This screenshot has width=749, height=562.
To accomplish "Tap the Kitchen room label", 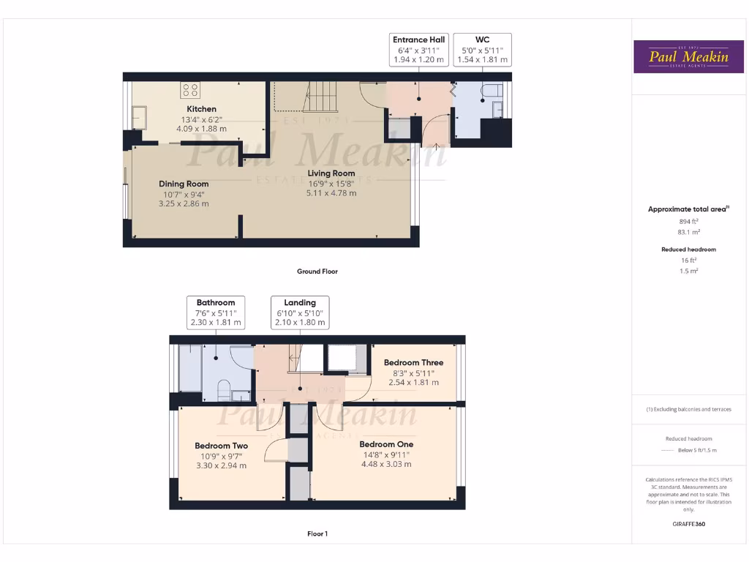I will (201, 109).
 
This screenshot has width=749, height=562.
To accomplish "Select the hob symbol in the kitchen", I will (190, 90).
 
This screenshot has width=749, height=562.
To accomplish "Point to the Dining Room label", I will (184, 184).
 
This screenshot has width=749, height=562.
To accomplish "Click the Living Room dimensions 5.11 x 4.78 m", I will (331, 193).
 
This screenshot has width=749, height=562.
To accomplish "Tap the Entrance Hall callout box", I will (419, 50).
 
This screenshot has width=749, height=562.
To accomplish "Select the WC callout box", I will (482, 50).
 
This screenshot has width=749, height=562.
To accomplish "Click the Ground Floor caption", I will (317, 271).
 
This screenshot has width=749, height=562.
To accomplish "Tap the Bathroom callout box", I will (215, 312).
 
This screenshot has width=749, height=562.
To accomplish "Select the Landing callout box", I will (300, 312).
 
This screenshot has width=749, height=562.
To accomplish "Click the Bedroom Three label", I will (413, 362).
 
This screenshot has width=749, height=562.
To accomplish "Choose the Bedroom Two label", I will (221, 446).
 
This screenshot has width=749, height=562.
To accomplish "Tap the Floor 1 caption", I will (317, 534).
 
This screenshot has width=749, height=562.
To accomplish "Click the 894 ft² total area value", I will (688, 221).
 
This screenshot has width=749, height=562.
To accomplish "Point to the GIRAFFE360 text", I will (688, 524).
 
